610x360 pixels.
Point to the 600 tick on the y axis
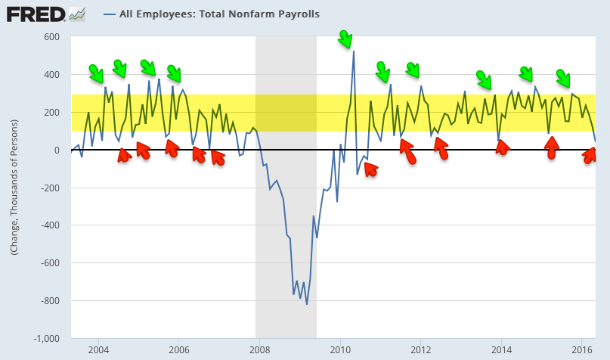51,37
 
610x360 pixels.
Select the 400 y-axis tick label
51,75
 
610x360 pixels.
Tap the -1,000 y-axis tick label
47,339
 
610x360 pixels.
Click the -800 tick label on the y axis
50,301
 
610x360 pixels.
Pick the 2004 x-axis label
98,350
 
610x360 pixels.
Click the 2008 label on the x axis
259,350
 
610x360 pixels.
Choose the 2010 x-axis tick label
340,350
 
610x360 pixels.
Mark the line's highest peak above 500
354,51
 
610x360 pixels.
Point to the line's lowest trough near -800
307,304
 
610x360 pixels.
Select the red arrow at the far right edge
590,156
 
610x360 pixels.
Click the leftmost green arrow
96,73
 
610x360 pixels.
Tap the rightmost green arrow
563,77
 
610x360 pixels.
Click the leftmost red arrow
124,155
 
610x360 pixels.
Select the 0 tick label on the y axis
57,151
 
